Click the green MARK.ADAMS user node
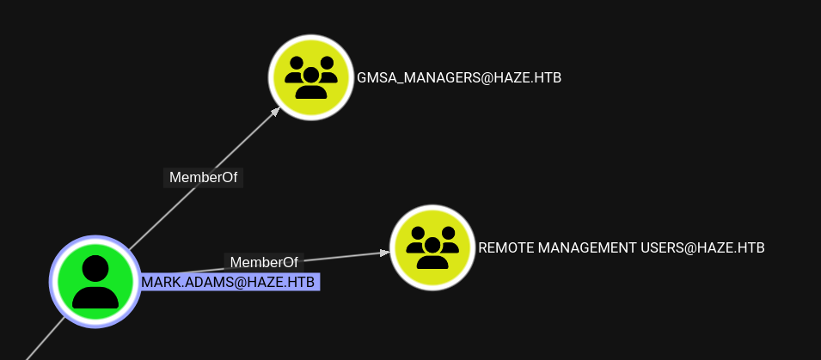pos(95,281)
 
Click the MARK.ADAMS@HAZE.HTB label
pos(230,282)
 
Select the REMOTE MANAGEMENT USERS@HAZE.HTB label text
pos(621,247)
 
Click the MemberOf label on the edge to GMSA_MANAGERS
pos(204,178)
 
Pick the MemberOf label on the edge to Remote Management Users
pos(264,262)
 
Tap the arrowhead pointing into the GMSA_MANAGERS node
pos(275,111)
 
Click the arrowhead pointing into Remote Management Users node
pos(384,253)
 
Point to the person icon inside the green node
pos(95,283)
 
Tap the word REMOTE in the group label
pos(505,247)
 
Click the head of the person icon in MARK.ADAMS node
pos(95,268)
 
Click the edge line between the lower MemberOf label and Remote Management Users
pos(344,256)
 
